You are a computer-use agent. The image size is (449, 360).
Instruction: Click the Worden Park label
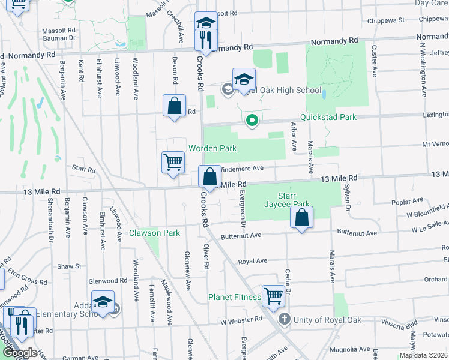tap(212, 148)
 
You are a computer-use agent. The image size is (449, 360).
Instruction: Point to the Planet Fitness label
tap(234, 297)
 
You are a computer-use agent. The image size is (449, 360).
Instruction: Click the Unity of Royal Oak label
tap(327, 320)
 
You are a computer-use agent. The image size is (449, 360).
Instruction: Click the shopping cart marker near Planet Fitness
tap(273, 295)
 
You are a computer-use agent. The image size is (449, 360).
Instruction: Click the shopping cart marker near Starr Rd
tap(173, 162)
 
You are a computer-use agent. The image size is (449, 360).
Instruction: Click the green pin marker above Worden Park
tap(252, 121)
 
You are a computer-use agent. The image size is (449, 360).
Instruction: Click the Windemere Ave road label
tap(243, 169)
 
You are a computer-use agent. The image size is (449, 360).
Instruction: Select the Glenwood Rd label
tap(107, 280)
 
